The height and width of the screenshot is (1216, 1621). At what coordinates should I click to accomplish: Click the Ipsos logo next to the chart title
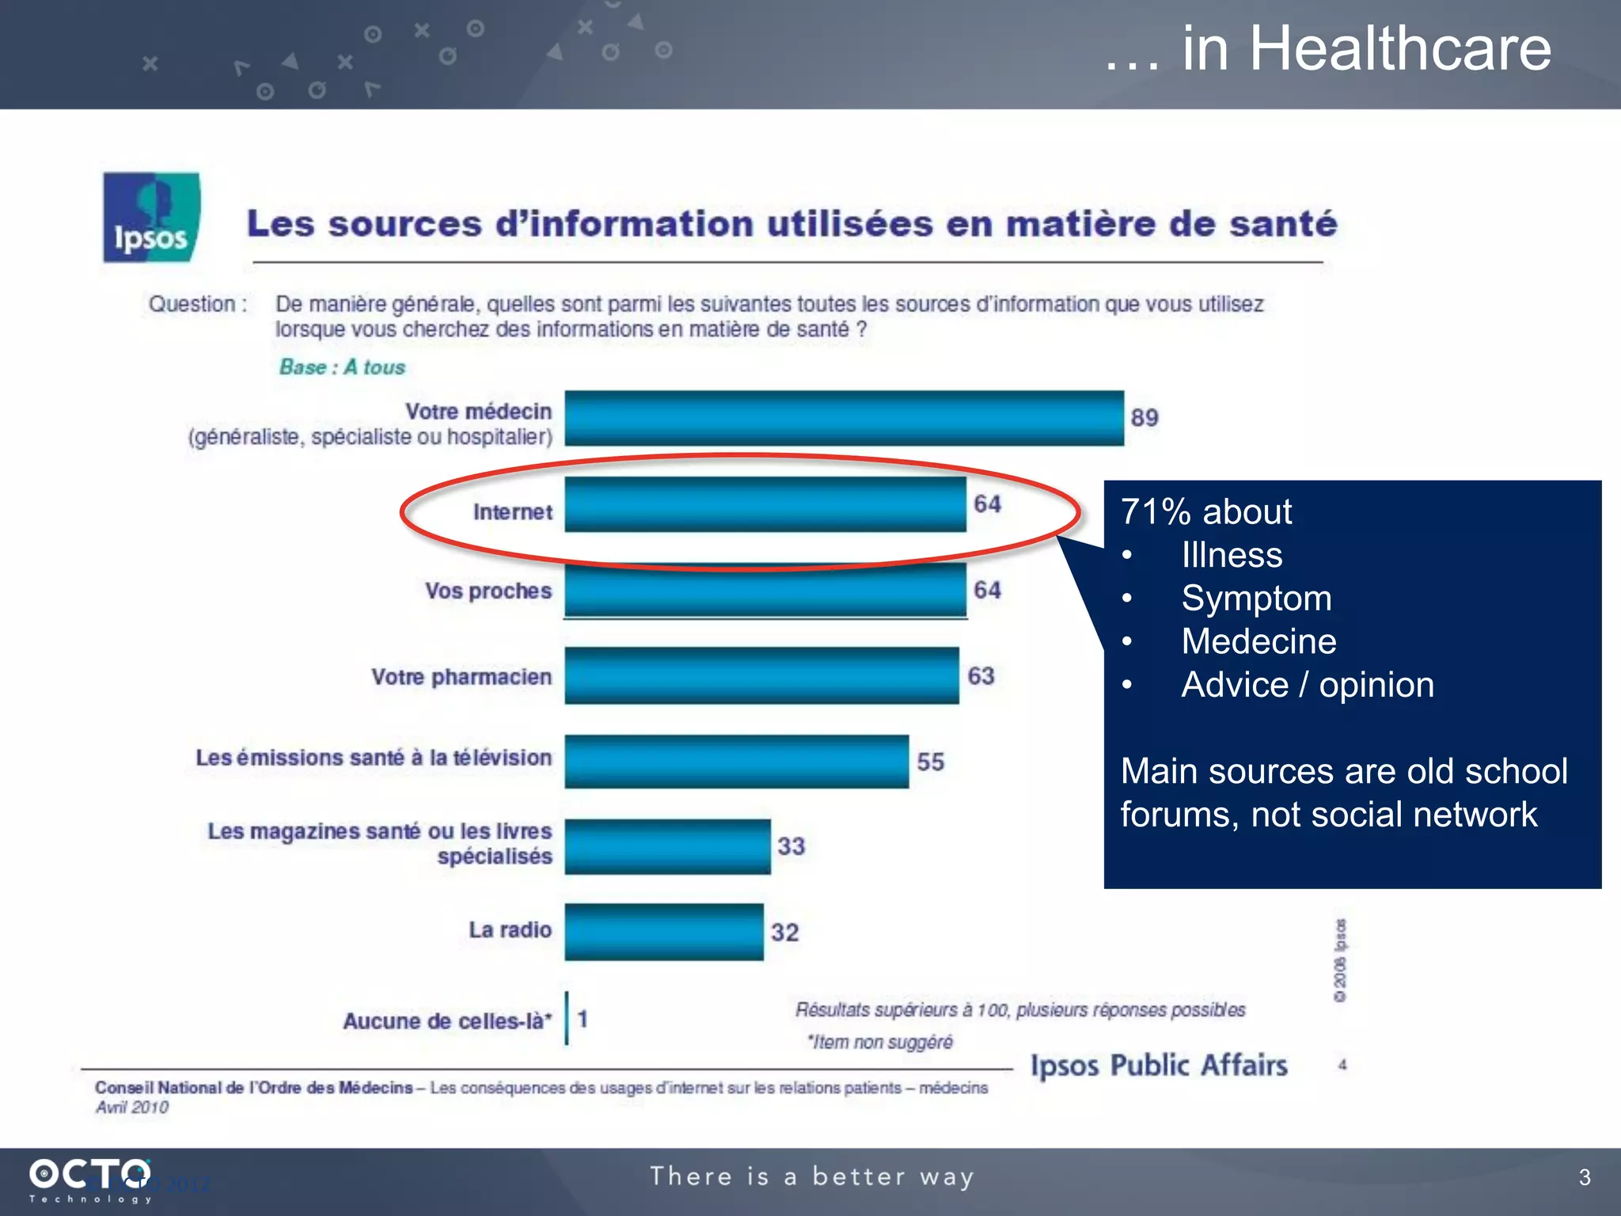[151, 217]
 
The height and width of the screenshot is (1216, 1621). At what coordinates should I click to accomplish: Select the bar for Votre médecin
[844, 418]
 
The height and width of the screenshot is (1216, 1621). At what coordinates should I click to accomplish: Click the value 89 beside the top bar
[1144, 417]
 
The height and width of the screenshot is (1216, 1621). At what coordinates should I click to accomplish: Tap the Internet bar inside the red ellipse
[765, 504]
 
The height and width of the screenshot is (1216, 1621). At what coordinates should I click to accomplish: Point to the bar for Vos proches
[765, 591]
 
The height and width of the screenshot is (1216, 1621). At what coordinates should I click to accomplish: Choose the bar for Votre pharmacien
[761, 676]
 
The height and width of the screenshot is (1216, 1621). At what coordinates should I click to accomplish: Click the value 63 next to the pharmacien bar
[981, 676]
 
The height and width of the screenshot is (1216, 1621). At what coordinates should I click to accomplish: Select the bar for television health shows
[736, 762]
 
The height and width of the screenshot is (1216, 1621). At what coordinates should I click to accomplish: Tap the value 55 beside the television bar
[930, 762]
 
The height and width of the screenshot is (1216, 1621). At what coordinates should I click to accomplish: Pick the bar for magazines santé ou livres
[667, 846]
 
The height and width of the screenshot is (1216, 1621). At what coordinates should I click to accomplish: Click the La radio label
[510, 929]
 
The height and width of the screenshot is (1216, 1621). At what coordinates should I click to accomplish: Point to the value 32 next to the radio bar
[784, 932]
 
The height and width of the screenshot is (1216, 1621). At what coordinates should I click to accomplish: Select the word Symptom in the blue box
[1256, 598]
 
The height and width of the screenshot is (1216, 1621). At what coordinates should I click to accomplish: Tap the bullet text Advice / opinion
[1307, 685]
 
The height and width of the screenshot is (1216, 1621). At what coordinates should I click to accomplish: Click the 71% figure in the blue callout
[1156, 512]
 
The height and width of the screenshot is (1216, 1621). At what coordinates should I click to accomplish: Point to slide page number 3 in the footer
[1584, 1177]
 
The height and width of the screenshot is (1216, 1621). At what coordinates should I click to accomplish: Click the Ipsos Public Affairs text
[1158, 1066]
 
